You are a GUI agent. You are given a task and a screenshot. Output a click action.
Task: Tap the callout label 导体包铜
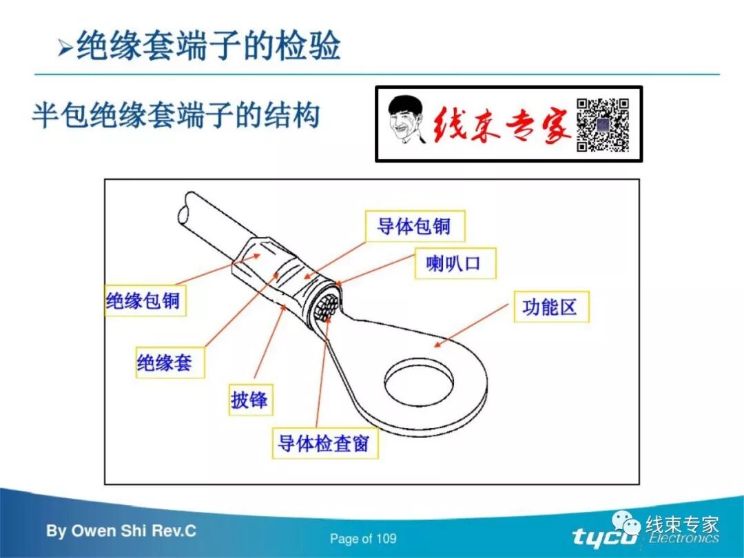coord(413,226)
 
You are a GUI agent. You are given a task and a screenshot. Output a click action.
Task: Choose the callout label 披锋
coord(250,400)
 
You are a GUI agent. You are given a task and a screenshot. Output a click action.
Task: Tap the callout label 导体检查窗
coord(324,443)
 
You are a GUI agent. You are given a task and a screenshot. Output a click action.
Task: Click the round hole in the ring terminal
coord(420,381)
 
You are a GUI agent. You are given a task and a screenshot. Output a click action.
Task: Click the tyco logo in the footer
coord(606,537)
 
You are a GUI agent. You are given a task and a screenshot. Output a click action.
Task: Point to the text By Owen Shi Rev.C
coord(121,531)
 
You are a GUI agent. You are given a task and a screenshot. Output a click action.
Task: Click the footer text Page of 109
coord(363,539)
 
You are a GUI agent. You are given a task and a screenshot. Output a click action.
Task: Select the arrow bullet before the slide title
coord(65,49)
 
